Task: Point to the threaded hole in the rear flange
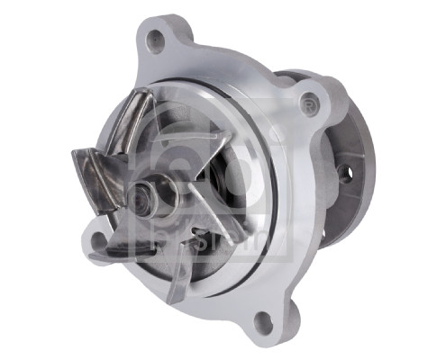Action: tap(345, 174)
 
